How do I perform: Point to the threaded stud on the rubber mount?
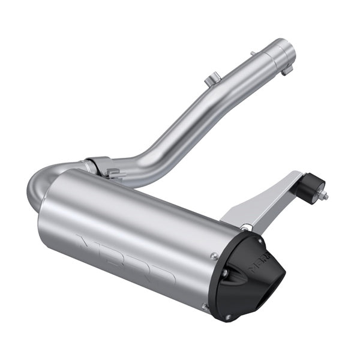(x=324, y=196)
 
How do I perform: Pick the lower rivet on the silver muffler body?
(x=204, y=307)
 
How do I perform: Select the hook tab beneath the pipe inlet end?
(x=287, y=70)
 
